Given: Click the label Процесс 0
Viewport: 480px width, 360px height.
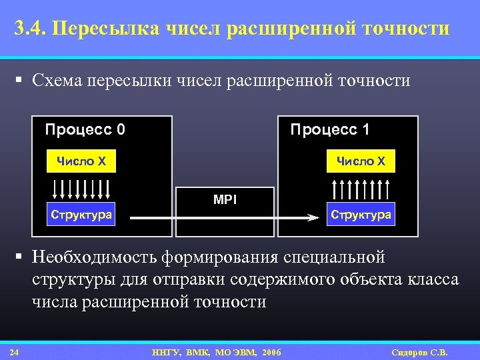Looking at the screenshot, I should click(x=85, y=129).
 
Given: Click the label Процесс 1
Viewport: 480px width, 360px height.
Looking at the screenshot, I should click(x=329, y=129).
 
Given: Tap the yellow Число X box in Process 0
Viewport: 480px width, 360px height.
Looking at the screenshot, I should click(x=81, y=161).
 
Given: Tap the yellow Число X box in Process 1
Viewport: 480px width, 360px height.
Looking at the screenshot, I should click(x=361, y=161).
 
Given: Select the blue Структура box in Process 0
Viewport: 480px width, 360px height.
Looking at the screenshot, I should click(x=81, y=215).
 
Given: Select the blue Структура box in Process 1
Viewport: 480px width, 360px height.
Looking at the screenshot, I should click(x=361, y=215).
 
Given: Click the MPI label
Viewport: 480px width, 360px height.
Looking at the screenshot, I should click(x=225, y=199).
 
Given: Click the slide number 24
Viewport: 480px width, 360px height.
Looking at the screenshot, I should click(x=14, y=352).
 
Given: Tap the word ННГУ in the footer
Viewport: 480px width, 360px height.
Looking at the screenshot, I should click(x=164, y=352).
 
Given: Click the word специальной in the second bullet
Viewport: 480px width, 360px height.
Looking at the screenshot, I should click(x=334, y=257).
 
